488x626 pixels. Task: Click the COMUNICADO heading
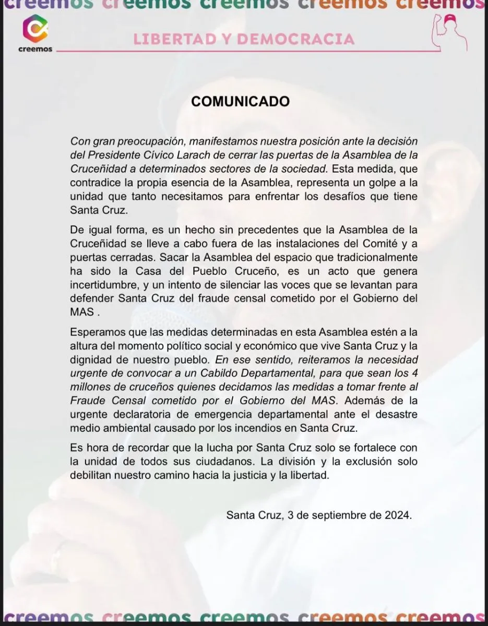coord(240,101)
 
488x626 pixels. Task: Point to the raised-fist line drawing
coord(447,33)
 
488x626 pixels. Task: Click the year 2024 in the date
coord(398,515)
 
